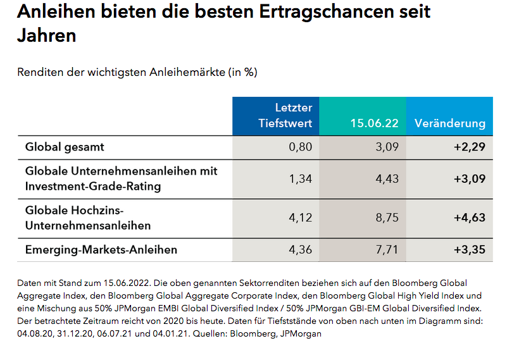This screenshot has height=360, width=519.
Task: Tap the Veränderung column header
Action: point(449,123)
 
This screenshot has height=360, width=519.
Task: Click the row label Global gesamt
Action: point(65,147)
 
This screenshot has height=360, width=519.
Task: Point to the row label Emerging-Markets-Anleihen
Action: point(101,249)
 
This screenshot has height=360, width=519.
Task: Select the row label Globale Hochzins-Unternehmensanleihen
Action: point(87,217)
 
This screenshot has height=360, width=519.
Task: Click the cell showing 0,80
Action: point(301,147)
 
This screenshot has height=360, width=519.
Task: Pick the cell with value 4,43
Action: point(387,178)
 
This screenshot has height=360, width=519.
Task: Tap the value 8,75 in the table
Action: point(387,218)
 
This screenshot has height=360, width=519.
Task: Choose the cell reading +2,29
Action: point(469,147)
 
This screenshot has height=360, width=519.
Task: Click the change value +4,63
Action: point(469,218)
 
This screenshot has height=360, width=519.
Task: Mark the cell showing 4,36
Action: point(301,249)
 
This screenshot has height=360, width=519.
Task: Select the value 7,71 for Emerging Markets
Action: point(387,249)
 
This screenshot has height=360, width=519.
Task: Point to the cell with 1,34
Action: point(301,178)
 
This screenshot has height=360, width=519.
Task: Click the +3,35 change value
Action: point(469,249)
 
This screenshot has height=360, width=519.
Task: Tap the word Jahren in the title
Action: point(46,35)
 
